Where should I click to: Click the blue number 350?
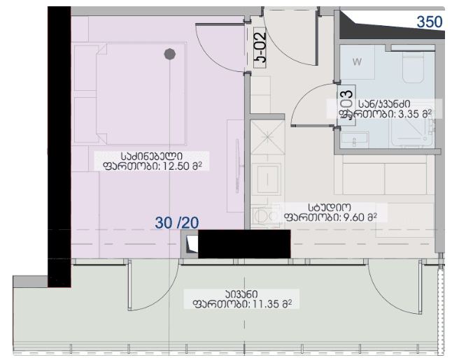[430, 22]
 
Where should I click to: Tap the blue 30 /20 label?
[177, 222]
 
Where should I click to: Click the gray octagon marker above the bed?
[169, 53]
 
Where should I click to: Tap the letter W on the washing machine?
[357, 62]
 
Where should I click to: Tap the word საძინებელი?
[152, 156]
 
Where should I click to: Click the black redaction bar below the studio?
[244, 244]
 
